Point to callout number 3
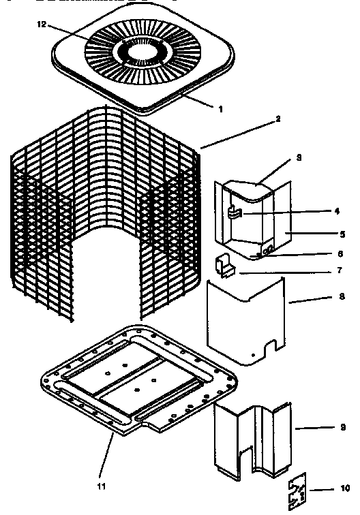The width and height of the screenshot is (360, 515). pos(280,157)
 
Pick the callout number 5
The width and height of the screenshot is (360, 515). pos(342,234)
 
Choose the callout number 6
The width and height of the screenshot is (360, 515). pos(342,253)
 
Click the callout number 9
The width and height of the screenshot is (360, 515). pos(342,428)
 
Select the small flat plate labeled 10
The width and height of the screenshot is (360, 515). pos(299,490)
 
